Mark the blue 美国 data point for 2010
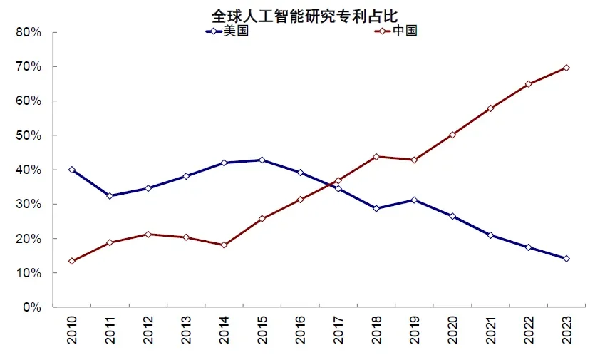tap(72, 170)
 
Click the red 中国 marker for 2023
tap(566, 68)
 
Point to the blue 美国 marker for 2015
tap(262, 160)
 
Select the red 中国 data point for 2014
tap(224, 245)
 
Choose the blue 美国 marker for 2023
tap(566, 258)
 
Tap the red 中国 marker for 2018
tap(376, 156)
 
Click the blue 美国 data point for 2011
tap(110, 195)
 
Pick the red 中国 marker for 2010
tap(72, 261)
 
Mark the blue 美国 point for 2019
tap(414, 200)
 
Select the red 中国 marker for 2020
tap(452, 134)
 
